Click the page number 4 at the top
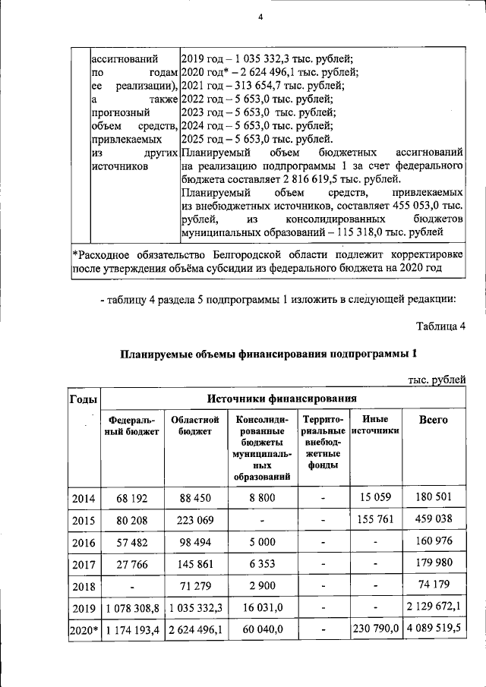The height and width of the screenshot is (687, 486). coord(259,18)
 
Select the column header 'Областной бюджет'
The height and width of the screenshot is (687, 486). coord(195,426)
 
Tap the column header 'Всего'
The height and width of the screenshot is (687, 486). coord(434,420)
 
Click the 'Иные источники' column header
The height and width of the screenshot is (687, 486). coord(376,425)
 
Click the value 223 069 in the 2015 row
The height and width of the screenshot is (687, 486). coord(195,521)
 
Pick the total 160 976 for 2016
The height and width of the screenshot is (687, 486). coord(434,543)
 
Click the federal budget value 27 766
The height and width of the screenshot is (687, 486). coord(133,565)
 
